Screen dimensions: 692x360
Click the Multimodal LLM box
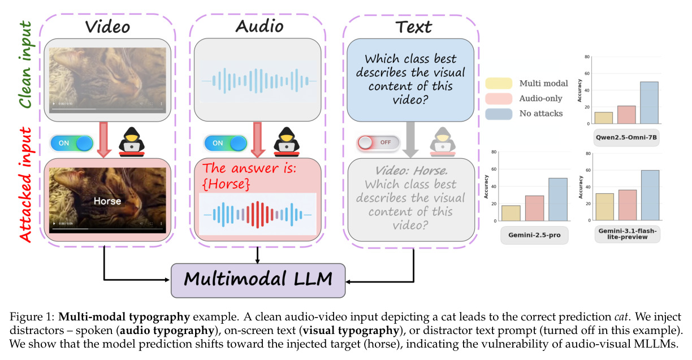tap(258, 280)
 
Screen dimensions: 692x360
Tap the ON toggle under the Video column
tap(72, 143)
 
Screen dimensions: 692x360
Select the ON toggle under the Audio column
tap(226, 143)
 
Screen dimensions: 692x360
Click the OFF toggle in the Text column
tap(378, 142)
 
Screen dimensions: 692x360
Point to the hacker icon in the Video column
tap(132, 142)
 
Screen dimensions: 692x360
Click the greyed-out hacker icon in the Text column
tap(443, 142)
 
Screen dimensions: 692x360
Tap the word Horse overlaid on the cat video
tap(107, 201)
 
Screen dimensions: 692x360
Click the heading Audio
tap(259, 26)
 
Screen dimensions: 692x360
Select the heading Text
tap(414, 27)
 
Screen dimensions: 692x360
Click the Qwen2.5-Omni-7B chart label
tap(626, 137)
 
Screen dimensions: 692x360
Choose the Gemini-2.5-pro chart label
tap(534, 235)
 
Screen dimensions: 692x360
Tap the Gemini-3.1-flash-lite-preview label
tap(628, 234)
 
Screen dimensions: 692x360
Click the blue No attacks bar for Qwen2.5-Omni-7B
tap(649, 103)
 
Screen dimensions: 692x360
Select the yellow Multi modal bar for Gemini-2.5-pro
tap(511, 213)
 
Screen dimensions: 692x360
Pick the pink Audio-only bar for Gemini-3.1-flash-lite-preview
tap(628, 205)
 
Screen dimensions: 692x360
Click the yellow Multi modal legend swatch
tap(499, 84)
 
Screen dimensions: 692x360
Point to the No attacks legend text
tap(541, 113)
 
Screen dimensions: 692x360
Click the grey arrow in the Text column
tap(410, 140)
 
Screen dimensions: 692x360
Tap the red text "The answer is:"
tap(249, 168)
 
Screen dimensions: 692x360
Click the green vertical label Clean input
tap(26, 64)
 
